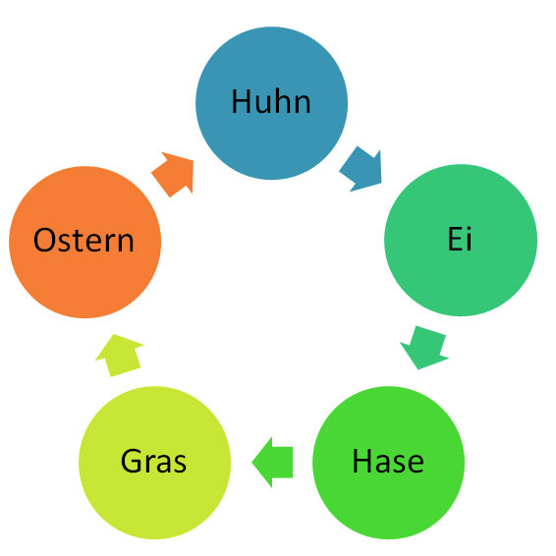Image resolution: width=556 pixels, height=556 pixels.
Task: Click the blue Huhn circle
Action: coord(272,103)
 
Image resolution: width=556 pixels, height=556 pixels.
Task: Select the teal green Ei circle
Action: coord(461,240)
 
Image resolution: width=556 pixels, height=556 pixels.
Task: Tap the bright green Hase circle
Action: coord(388,463)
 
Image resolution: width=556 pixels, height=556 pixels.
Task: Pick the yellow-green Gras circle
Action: coord(154,463)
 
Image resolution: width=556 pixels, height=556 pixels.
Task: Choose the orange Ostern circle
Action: coord(85,243)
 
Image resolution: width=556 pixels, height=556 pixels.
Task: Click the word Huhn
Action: coord(271,102)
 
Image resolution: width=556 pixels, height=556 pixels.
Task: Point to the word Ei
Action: coord(460,239)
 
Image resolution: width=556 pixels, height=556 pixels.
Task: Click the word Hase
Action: coord(388,461)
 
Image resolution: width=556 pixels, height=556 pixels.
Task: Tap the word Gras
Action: coord(153,461)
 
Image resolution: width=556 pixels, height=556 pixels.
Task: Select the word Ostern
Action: coord(83,240)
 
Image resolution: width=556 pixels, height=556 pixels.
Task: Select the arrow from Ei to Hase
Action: coord(424,348)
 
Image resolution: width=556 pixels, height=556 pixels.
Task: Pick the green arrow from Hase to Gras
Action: coord(272,462)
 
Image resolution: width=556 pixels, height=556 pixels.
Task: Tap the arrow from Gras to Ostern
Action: coord(120,355)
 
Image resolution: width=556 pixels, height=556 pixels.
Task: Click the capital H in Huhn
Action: coord(241,102)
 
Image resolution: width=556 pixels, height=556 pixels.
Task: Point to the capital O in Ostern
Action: coord(44,240)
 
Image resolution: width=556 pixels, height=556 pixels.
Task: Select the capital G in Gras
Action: coord(132,461)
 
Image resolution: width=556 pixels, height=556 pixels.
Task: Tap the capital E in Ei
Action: coord(455,239)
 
